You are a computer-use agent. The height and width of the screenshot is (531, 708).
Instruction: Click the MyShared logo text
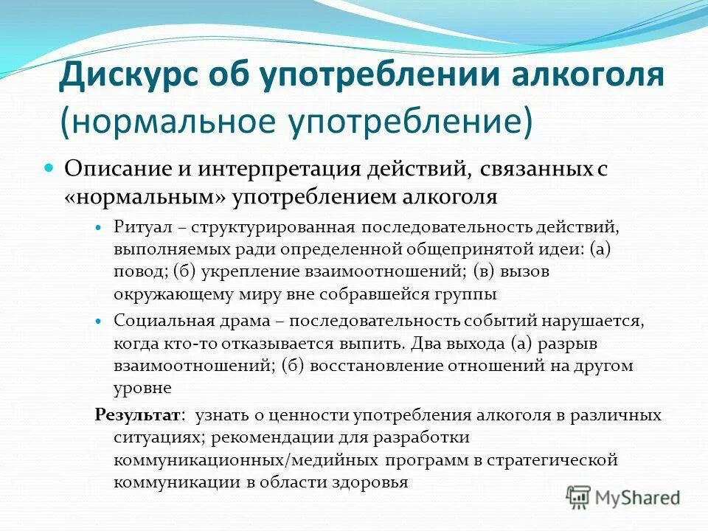(638, 498)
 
